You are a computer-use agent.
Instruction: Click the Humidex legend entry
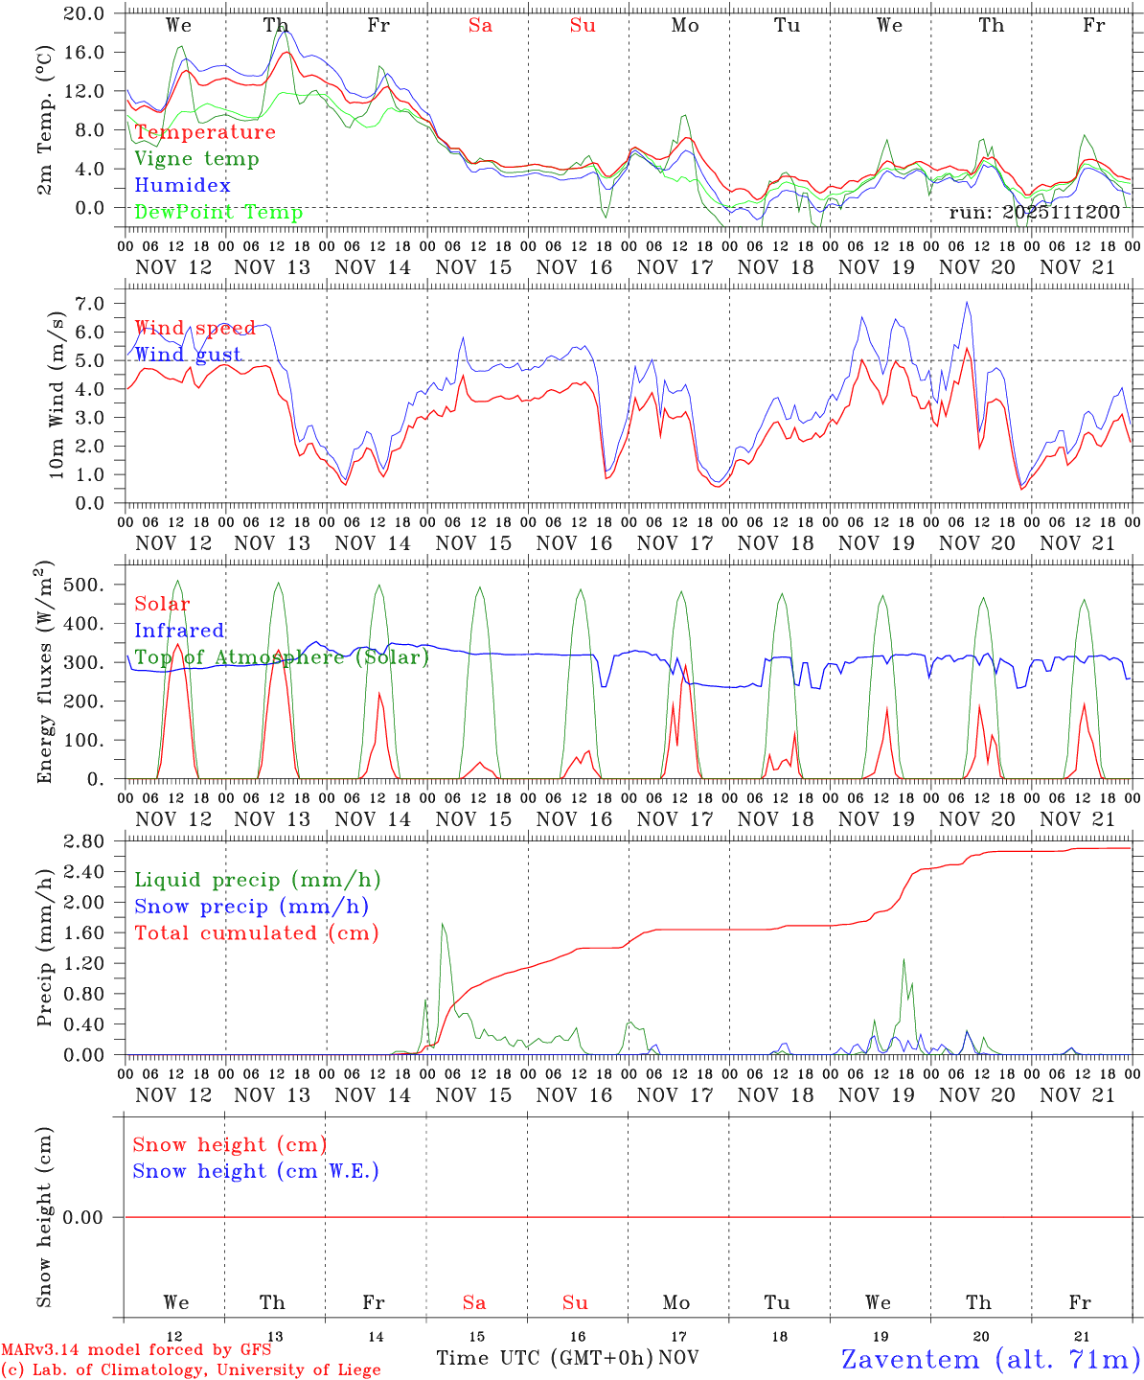point(182,185)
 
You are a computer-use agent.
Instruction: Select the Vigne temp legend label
point(196,158)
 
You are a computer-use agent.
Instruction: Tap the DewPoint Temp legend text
point(218,212)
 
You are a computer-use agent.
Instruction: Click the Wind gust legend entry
point(188,355)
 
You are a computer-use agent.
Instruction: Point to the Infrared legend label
point(179,631)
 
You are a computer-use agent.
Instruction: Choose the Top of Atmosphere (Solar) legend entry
point(282,657)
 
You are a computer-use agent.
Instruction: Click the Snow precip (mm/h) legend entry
point(251,907)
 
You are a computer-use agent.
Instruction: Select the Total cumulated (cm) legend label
point(256,932)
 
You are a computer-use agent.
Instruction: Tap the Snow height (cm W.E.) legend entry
point(256,1171)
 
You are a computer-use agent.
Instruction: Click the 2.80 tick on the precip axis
point(95,841)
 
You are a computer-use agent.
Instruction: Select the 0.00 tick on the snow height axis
point(95,1217)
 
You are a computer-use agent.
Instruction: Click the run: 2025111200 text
point(1034,212)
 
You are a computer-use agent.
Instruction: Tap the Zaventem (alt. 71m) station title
point(991,1359)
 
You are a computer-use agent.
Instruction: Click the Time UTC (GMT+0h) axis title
point(544,1358)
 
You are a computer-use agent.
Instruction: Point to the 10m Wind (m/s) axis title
point(57,394)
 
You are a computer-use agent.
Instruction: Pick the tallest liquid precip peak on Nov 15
point(442,924)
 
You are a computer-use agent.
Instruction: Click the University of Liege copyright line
point(191,1369)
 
